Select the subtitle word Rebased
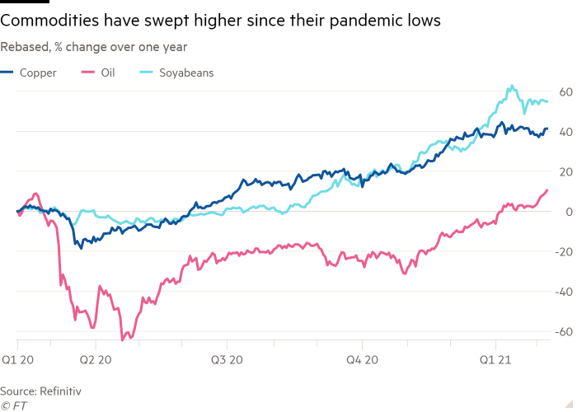25,47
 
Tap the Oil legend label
107,73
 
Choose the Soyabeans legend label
186,73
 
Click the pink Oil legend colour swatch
87,73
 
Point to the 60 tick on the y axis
566,91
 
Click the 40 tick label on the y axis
566,132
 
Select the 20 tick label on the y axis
566,171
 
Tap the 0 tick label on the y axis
569,212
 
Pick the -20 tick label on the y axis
564,252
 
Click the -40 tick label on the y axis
564,292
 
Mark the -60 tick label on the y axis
564,332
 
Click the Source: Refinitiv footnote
41,389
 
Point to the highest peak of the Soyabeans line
512,85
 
